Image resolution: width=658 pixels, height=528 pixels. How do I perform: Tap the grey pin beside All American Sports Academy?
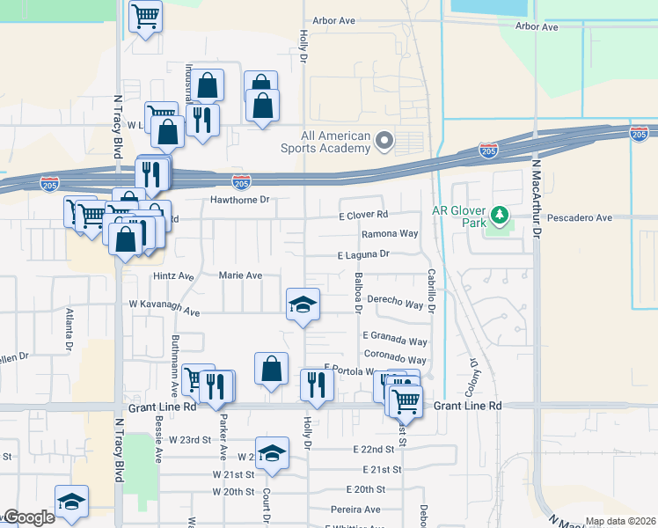tap(384, 140)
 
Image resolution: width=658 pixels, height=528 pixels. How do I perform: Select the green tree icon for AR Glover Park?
tap(500, 215)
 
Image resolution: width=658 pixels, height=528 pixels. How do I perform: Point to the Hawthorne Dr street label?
tap(238, 200)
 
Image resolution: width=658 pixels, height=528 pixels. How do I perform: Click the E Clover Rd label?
tap(363, 215)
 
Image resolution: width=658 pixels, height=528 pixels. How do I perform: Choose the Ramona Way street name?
tap(390, 234)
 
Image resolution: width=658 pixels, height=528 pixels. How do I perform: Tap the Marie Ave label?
tap(241, 275)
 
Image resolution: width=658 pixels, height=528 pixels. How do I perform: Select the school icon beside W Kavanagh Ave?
tap(303, 304)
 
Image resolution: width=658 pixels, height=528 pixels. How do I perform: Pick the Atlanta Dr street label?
tap(69, 329)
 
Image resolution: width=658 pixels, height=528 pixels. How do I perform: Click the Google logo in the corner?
tap(28, 518)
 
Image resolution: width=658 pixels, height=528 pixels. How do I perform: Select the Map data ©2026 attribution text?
tap(620, 521)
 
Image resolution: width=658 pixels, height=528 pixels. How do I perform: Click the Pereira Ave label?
tap(355, 509)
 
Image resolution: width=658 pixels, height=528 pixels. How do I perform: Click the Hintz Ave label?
tap(172, 275)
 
